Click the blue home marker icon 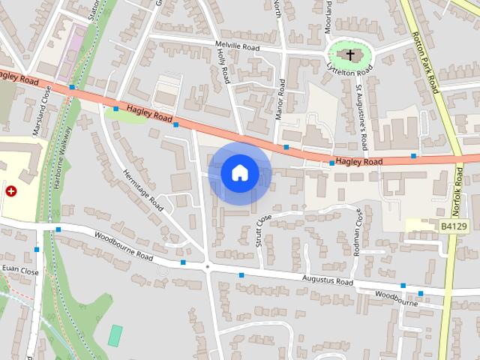pyautogui.click(x=239, y=173)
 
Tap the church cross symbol pyautogui.click(x=350, y=55)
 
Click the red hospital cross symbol pyautogui.click(x=11, y=191)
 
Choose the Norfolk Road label pyautogui.click(x=459, y=190)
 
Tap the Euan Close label pyautogui.click(x=20, y=270)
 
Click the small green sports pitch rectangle pyautogui.click(x=115, y=335)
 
